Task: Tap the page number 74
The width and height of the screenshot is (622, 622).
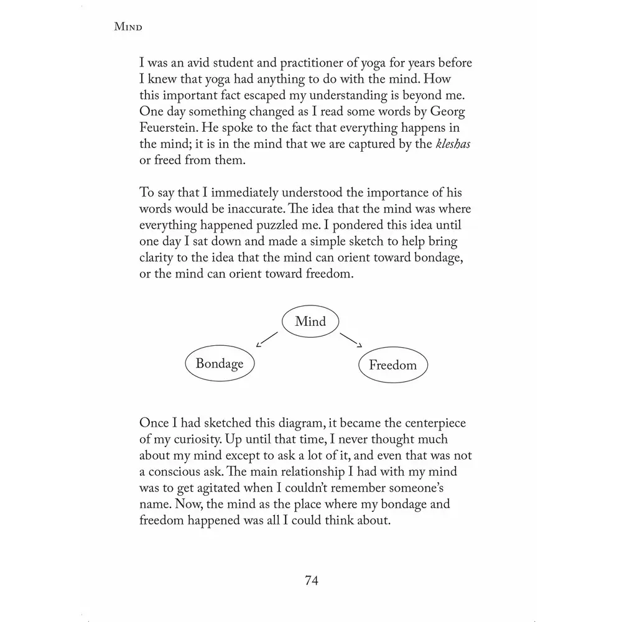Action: [312, 580]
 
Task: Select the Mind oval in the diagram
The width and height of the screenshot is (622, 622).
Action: [310, 322]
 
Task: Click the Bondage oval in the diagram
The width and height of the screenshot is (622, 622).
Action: [220, 363]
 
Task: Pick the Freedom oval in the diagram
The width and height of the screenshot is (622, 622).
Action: [392, 365]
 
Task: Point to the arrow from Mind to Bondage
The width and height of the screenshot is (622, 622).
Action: [267, 339]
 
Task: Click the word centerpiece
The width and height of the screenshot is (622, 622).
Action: [429, 423]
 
